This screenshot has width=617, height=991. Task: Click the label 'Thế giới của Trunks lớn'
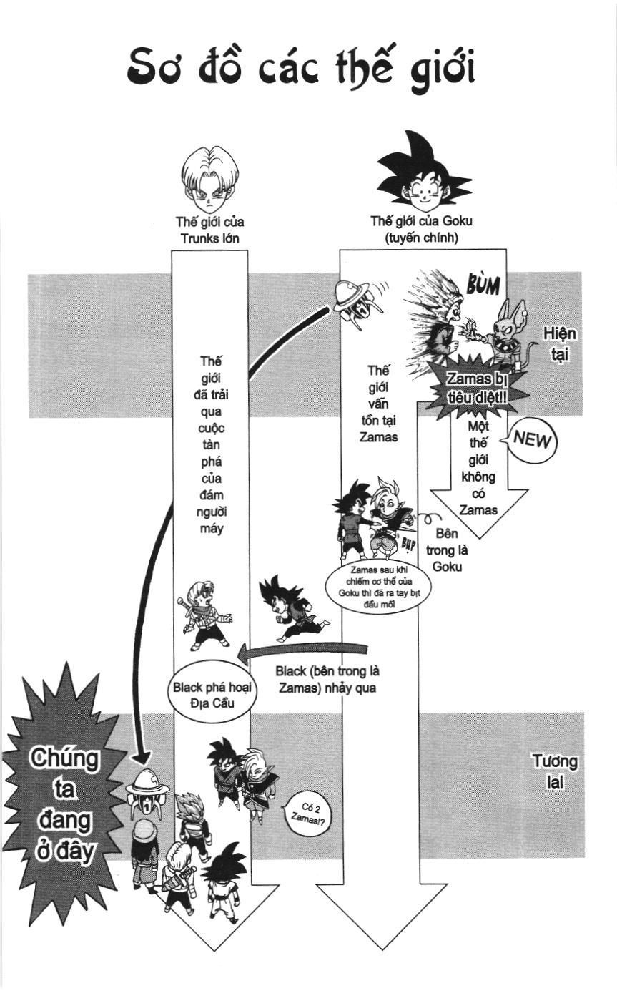pos(209,229)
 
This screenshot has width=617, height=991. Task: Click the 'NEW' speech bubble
pos(533,439)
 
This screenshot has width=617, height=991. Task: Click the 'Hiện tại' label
pos(559,343)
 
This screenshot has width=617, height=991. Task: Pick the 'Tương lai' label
pos(554,771)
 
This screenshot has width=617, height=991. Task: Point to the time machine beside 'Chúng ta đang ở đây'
pos(147,791)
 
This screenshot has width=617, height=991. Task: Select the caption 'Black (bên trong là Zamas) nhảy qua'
pos(327,680)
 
